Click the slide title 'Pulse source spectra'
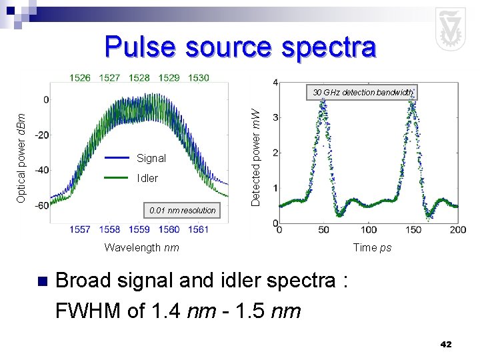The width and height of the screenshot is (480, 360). click(240, 47)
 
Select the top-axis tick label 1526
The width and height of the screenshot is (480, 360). click(80, 78)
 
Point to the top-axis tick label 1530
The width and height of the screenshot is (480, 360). click(198, 78)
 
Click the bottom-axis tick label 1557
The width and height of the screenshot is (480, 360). click(80, 229)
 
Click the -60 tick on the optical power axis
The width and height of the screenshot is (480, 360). click(41, 205)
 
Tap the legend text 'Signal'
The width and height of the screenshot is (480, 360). click(151, 159)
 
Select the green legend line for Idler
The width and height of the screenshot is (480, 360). click(117, 178)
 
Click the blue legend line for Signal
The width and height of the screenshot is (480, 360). click(117, 158)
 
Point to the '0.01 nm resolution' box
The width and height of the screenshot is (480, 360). click(183, 210)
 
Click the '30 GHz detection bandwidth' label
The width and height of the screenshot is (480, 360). click(363, 93)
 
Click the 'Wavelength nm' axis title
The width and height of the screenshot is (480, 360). click(141, 248)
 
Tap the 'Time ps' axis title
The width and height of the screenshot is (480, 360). click(372, 248)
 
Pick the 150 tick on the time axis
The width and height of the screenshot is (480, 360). click(413, 229)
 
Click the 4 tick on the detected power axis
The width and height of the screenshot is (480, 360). click(276, 83)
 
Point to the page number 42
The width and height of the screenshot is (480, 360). click(446, 344)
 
